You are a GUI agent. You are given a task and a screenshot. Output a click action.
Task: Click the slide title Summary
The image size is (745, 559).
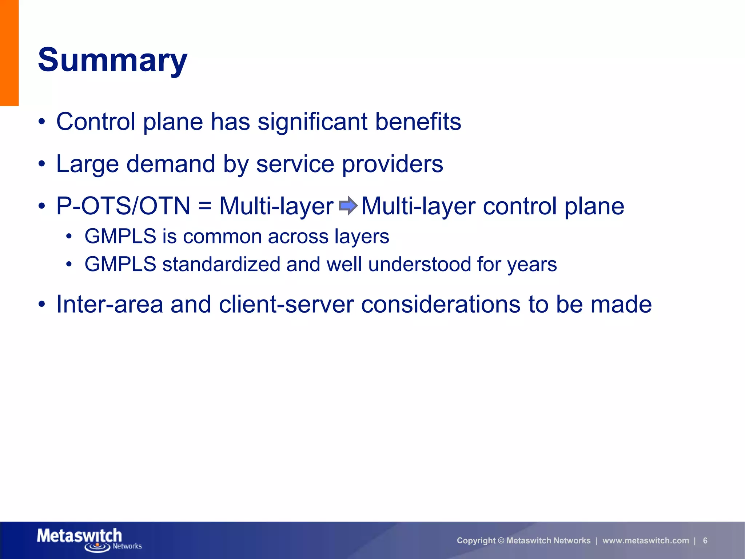[112, 60]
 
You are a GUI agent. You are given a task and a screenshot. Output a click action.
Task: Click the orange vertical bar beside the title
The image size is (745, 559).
[9, 53]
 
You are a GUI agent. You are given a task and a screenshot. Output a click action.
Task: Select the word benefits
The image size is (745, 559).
[418, 122]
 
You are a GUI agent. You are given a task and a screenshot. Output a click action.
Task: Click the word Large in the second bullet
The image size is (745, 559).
[87, 164]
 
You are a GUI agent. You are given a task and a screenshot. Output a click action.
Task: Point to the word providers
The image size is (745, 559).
[393, 164]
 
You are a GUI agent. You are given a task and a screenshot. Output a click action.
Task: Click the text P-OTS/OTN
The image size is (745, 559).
[123, 206]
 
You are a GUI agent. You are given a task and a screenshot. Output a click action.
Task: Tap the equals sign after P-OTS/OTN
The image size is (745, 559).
[205, 206]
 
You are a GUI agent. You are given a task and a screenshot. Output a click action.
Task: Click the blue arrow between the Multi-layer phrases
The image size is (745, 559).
[348, 206]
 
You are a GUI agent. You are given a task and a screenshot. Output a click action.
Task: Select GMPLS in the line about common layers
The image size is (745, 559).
[120, 237]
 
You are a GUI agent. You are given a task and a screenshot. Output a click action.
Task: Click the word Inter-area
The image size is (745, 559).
[109, 304]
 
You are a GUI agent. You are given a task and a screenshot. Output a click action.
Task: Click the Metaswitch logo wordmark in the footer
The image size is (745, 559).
[79, 536]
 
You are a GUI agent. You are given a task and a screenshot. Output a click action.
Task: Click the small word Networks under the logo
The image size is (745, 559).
[127, 546]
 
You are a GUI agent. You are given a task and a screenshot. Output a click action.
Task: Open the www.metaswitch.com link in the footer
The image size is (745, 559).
[646, 541]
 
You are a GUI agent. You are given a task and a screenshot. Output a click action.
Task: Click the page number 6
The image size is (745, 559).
[705, 541]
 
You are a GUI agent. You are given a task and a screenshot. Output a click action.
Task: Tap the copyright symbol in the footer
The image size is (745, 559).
[501, 541]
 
